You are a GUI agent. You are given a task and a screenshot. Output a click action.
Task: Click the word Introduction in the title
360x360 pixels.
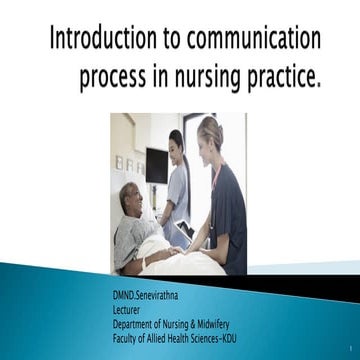(x=94, y=41)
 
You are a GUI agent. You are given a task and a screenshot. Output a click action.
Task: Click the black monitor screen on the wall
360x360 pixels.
(x=157, y=165)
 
